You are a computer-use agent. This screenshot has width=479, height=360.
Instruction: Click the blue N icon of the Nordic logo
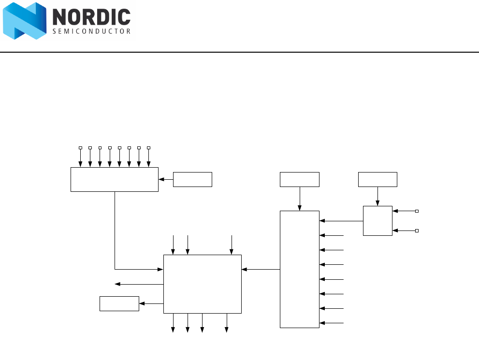point(25,21)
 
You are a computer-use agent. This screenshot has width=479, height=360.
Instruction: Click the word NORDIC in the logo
point(91,18)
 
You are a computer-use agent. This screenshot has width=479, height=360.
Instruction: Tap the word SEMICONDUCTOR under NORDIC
point(91,31)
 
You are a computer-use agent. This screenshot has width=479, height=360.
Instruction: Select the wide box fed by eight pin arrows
point(115,179)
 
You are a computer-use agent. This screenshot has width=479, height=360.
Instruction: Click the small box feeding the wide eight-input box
point(192,179)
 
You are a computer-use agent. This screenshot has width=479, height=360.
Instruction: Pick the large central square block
point(202,284)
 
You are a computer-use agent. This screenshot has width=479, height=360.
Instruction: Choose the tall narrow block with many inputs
point(300,269)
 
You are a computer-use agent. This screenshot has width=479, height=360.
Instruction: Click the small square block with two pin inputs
point(377,221)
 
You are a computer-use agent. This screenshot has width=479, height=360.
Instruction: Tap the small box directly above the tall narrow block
point(300,179)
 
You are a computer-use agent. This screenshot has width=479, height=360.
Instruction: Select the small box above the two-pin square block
point(377,179)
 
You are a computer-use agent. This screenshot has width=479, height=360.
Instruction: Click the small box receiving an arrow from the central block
point(119,303)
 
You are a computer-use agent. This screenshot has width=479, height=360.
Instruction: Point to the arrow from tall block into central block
point(261,269)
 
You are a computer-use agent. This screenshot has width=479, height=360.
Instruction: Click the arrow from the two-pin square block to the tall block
point(341,221)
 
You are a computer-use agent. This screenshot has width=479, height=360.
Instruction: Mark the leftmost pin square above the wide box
point(80,147)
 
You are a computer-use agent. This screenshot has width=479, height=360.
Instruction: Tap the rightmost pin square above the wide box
point(149,147)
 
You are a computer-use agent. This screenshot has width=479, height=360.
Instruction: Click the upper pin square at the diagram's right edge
point(417,211)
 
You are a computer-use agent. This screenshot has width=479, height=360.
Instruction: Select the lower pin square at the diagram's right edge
point(417,231)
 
